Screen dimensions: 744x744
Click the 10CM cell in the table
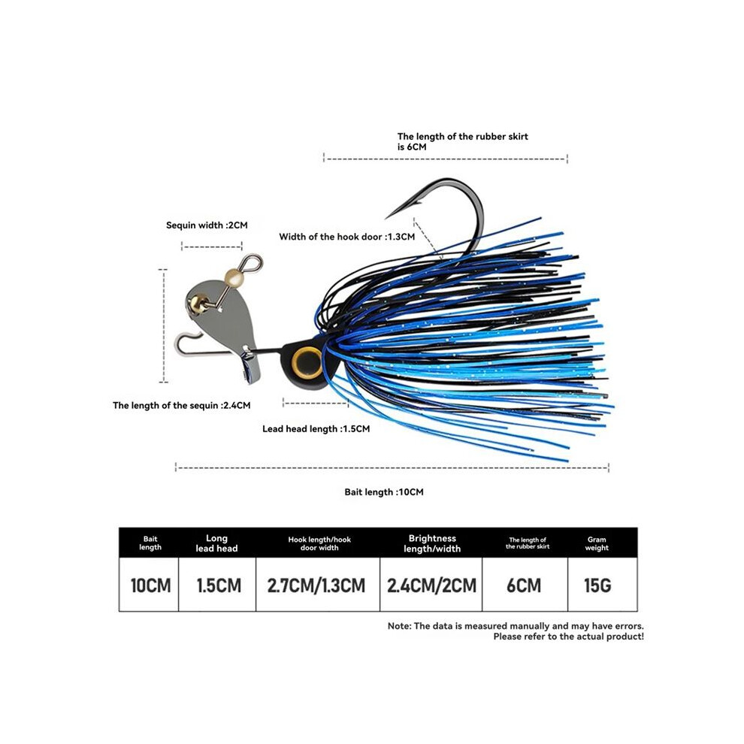(x=150, y=585)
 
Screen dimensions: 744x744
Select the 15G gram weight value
(x=597, y=585)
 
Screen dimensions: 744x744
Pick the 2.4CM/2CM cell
(x=431, y=585)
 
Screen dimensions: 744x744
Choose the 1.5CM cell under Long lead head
(x=219, y=585)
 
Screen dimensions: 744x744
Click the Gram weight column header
(x=597, y=543)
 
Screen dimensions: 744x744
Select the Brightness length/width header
(x=432, y=543)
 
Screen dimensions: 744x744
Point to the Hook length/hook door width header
(x=319, y=543)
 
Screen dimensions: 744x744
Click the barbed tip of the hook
(x=387, y=218)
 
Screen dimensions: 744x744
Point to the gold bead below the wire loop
(x=234, y=277)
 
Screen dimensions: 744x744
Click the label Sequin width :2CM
(x=207, y=225)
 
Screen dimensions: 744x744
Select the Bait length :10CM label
(x=384, y=492)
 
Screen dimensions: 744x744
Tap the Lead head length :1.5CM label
(x=316, y=429)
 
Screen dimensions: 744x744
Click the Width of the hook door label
(x=347, y=237)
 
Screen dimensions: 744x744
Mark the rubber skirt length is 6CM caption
(x=463, y=141)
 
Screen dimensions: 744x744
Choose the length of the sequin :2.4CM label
(x=182, y=405)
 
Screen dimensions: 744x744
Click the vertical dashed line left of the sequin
(x=164, y=325)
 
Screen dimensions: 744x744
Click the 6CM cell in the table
(x=524, y=585)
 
